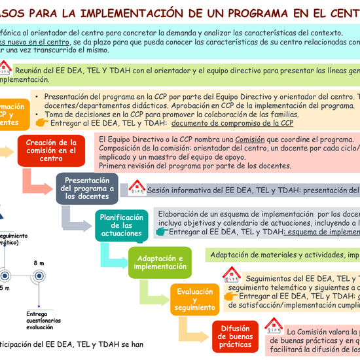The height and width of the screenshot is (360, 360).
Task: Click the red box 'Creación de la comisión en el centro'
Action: [51, 150]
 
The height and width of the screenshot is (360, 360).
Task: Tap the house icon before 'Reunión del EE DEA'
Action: [5, 68]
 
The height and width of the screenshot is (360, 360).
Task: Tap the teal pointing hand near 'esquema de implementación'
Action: [158, 232]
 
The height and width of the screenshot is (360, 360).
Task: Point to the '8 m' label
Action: [39, 263]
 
